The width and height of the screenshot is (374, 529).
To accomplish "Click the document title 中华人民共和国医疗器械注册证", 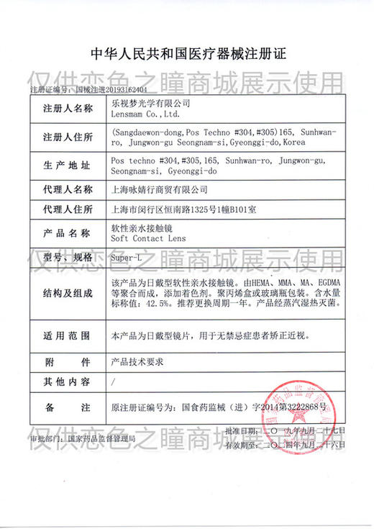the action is (186, 53).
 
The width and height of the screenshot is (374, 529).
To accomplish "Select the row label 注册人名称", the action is (68, 109).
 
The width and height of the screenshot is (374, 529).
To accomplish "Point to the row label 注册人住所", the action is (68, 137).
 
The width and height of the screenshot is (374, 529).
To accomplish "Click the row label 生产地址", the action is (68, 166).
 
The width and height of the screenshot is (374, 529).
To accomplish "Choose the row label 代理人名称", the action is (68, 190).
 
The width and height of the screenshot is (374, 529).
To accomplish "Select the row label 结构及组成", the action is (68, 293).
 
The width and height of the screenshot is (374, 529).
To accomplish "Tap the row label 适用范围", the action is (68, 336).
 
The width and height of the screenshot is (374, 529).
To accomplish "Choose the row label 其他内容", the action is (68, 381).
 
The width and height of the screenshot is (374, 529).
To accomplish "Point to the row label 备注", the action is (68, 407).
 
